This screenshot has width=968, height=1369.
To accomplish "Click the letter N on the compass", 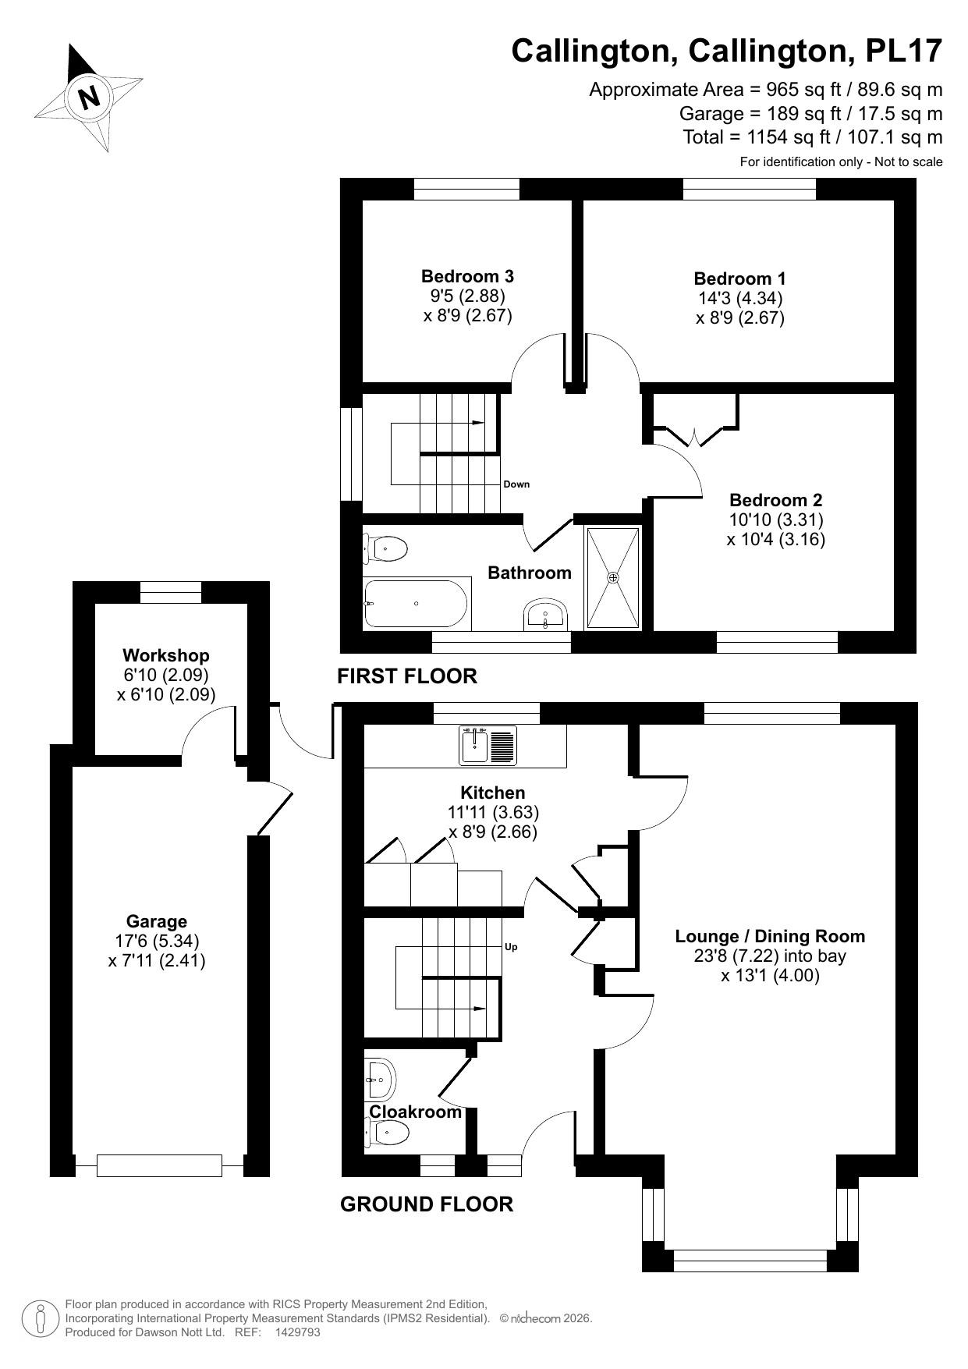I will [x=90, y=97].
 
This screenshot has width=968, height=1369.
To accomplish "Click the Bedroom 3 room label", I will [x=467, y=276].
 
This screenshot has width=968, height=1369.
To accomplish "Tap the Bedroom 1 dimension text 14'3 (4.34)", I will [x=739, y=298].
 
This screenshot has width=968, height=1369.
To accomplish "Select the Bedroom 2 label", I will [x=775, y=500].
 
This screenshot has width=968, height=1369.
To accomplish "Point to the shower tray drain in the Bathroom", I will [x=613, y=578].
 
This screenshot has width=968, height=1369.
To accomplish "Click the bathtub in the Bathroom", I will [x=416, y=603].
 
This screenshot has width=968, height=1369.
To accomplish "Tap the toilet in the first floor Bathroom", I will [x=386, y=549].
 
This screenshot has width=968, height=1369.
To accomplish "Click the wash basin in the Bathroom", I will [x=545, y=615].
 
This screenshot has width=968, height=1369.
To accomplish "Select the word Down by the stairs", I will [x=516, y=484].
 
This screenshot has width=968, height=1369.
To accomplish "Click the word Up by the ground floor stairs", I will [x=512, y=947].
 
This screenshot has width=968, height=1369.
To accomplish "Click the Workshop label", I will [x=166, y=655].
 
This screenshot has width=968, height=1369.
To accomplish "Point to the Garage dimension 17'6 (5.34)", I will [x=157, y=941].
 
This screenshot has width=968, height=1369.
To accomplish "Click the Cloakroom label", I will [x=415, y=1112].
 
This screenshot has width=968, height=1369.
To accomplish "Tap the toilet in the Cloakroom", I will [x=388, y=1132].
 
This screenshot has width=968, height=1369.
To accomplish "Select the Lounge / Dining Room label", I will [x=770, y=936].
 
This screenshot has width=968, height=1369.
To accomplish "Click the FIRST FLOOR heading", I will [x=406, y=676].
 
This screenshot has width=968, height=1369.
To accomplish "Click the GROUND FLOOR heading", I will [x=427, y=1204].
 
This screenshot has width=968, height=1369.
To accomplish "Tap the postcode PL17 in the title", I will [x=904, y=51].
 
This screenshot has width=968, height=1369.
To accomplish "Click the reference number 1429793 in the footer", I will [x=298, y=1332].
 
